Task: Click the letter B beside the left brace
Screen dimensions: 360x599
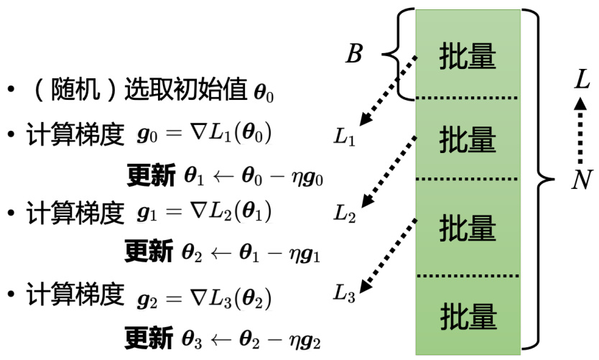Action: [x=354, y=54]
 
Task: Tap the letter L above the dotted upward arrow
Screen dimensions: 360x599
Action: [x=582, y=79]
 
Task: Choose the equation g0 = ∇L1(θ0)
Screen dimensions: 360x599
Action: [x=205, y=134]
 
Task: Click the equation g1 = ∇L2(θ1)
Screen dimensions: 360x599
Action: [x=205, y=213]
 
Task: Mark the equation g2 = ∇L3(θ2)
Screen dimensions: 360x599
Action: [x=205, y=295]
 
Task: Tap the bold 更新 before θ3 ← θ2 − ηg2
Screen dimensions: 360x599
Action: [x=149, y=336]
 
